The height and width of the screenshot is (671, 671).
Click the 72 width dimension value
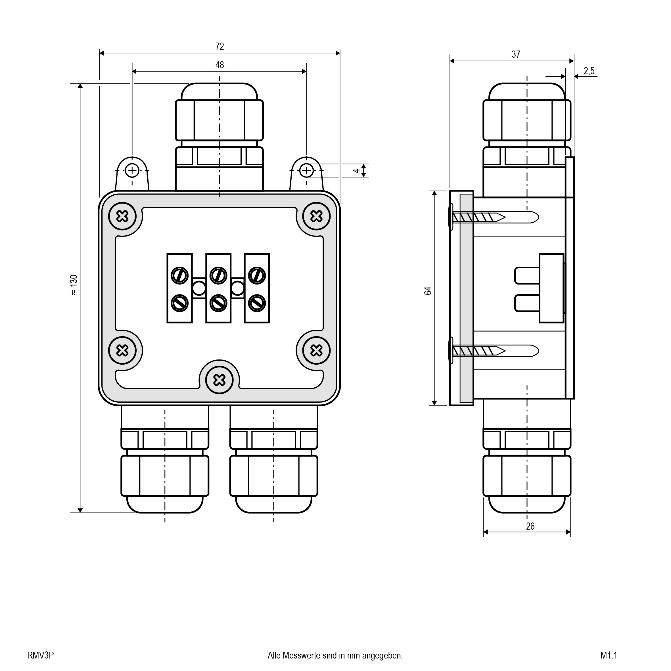click(220, 46)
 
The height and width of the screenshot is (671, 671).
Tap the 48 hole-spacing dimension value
click(220, 65)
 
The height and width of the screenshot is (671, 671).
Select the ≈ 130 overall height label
click(74, 285)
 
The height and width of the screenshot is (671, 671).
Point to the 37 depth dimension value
click(516, 55)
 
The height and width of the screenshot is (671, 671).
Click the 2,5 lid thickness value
click(589, 71)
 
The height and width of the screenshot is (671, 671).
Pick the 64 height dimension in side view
click(428, 291)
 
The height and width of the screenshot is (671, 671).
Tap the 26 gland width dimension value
click(530, 526)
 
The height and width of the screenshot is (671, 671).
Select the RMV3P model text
click(40, 655)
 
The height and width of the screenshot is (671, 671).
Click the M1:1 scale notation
click(609, 655)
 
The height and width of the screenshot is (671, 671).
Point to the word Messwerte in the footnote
click(302, 655)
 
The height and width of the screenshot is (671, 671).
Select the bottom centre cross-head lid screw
click(219, 380)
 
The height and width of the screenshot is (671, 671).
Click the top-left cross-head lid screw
click(122, 216)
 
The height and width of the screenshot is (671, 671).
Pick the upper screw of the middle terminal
click(218, 276)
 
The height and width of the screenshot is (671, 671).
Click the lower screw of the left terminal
click(179, 303)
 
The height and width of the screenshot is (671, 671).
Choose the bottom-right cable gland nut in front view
click(274, 475)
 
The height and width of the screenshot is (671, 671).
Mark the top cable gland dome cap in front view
click(219, 92)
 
